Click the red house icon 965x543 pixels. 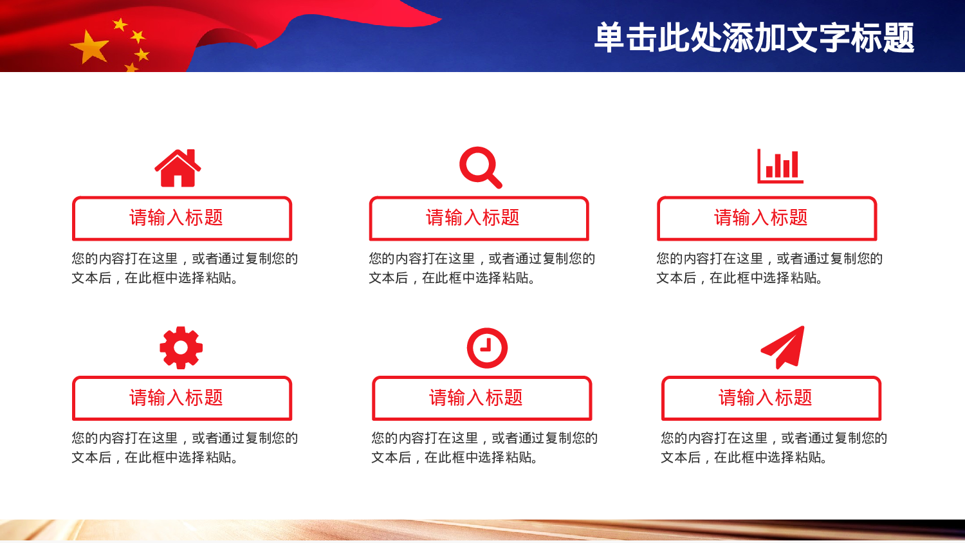pos(178,169)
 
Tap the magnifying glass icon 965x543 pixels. pos(480,167)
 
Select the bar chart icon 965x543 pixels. pos(780,166)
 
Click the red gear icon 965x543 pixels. pos(181,347)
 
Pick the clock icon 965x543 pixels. pos(487,348)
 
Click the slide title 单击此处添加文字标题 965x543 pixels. pos(753,37)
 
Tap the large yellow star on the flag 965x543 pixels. pos(90,48)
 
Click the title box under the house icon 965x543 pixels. pos(182,218)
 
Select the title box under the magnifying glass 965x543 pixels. pos(479,218)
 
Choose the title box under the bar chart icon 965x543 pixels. pos(767,218)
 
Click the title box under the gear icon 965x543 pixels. pos(182,398)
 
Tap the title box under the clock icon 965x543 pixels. pos(482,398)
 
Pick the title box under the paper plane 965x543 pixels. pos(771,398)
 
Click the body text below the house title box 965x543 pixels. pos(185,268)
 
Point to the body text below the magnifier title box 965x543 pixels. pos(482,268)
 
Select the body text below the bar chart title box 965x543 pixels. pos(769,268)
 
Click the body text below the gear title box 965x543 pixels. pos(185,447)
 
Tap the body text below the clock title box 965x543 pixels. pos(484,447)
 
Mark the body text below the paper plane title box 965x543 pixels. pos(774,447)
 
